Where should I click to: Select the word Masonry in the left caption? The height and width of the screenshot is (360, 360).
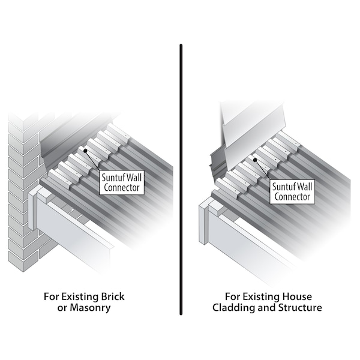[90, 308]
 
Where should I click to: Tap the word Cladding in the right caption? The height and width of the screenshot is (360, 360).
[233, 307]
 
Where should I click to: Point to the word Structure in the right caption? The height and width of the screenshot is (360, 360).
[300, 308]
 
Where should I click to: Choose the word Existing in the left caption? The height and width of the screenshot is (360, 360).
[79, 296]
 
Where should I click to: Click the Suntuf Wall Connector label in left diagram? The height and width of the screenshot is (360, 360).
[122, 182]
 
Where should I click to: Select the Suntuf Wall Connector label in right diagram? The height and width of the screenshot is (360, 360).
[292, 192]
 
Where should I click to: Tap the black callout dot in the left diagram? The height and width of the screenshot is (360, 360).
[85, 151]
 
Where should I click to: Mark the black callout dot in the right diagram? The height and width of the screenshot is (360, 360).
[255, 160]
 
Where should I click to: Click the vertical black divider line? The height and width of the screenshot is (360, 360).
[181, 179]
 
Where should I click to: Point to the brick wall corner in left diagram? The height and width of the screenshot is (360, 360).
[23, 193]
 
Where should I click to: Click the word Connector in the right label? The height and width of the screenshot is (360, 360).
[292, 197]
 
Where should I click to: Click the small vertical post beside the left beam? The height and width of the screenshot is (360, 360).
[32, 211]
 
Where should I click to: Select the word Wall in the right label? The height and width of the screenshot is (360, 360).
[304, 187]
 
